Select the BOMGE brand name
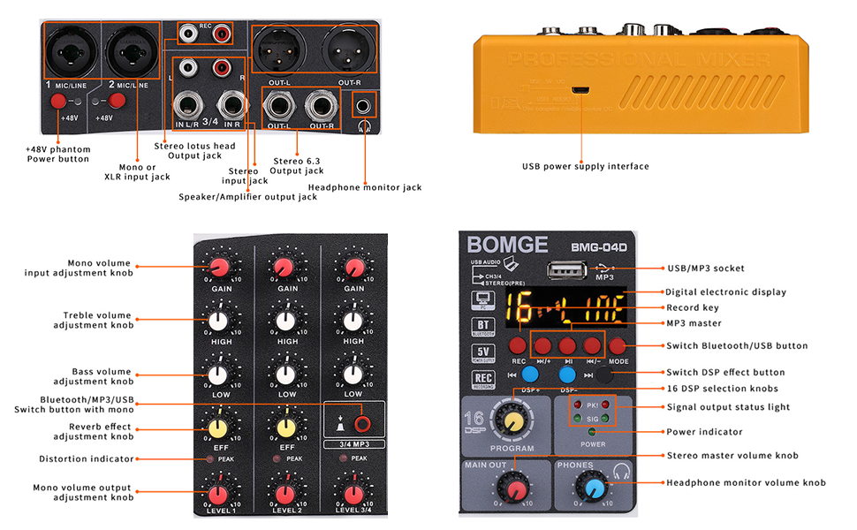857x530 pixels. [507, 245]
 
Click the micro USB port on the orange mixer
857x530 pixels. [580, 90]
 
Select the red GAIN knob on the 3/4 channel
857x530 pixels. [354, 268]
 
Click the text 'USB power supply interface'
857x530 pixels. [585, 166]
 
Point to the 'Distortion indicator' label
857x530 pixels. [87, 458]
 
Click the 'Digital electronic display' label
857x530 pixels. [724, 291]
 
